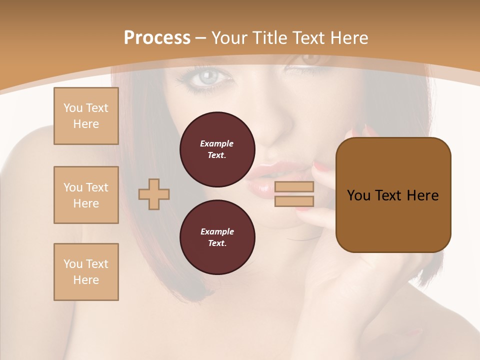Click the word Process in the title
[157, 37]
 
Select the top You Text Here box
[86, 116]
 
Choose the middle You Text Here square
[86, 195]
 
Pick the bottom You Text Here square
[86, 272]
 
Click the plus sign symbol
[154, 194]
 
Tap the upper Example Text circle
[217, 149]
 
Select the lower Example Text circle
[217, 237]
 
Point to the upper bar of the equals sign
[294, 186]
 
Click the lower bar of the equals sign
[294, 201]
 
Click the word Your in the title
[229, 37]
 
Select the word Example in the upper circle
[217, 143]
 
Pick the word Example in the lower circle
[217, 231]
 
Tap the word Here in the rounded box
[422, 195]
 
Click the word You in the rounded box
[359, 195]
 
